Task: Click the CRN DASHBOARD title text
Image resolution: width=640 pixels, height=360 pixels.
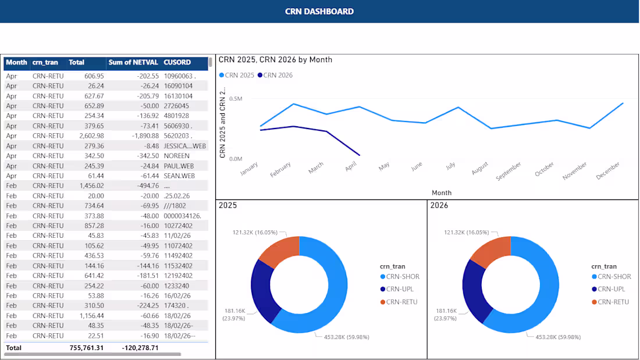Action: [319, 11]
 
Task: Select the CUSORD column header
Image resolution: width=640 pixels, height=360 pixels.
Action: [177, 62]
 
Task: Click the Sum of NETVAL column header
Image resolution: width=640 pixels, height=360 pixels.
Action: [133, 62]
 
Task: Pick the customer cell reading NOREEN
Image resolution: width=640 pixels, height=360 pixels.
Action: [177, 156]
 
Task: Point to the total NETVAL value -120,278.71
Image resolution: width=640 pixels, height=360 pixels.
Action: [140, 348]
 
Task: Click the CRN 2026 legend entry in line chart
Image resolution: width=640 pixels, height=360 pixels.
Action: [278, 75]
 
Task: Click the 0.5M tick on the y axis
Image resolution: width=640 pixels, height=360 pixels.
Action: [235, 99]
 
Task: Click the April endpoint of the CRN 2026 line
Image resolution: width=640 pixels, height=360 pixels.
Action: [359, 155]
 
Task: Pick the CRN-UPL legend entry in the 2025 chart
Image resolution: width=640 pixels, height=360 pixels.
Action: [400, 289]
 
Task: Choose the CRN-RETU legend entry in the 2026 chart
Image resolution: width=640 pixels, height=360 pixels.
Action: [612, 302]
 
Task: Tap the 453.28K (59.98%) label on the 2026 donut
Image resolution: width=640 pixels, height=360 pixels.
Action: [558, 337]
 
